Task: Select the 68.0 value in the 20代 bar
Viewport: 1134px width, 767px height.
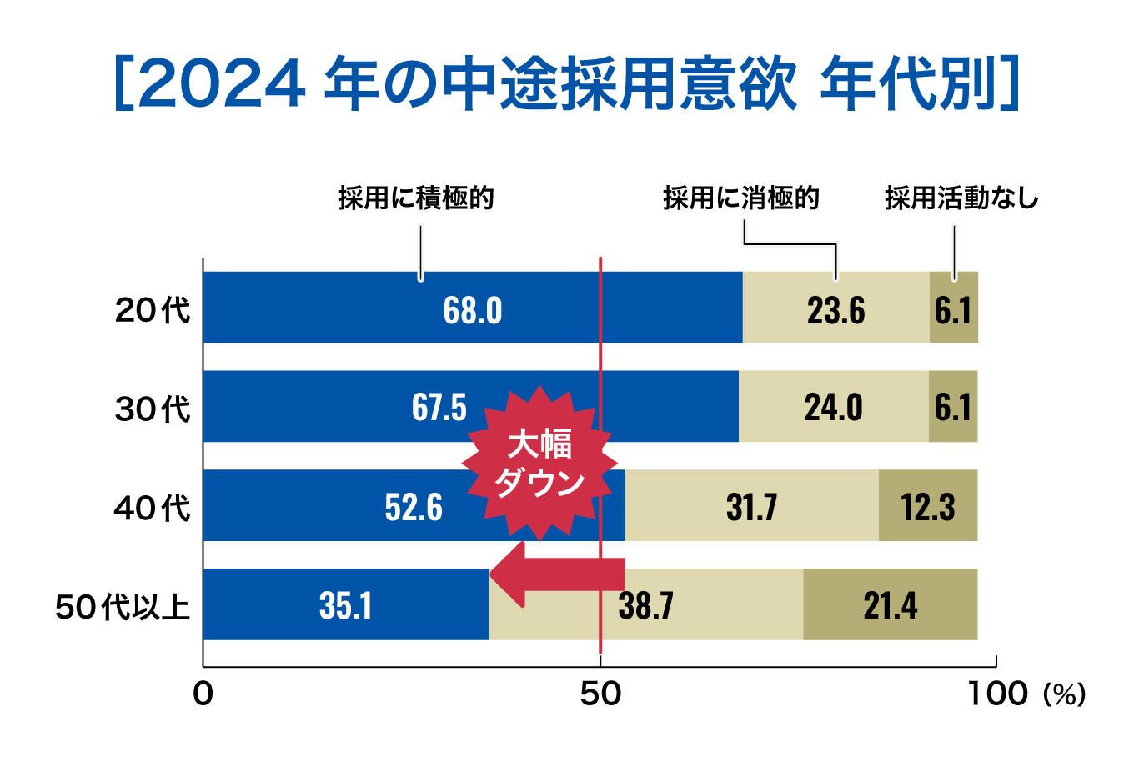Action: point(473,311)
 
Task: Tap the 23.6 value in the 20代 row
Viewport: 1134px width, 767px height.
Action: point(835,311)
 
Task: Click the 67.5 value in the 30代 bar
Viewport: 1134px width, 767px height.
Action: point(439,408)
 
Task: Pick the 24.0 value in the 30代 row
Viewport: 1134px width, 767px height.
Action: point(833,408)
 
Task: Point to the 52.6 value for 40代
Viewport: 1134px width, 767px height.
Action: point(414,507)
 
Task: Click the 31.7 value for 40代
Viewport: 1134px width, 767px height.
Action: point(751,507)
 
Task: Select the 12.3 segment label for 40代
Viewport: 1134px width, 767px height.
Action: point(927,507)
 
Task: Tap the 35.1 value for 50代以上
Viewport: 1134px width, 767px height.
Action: point(345,605)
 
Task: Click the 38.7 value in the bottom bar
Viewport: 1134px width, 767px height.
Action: point(646,605)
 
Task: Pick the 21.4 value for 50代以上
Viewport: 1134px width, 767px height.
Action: point(890,605)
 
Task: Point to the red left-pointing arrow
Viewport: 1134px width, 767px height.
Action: point(554,574)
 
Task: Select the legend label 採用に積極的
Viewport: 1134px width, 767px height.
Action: point(416,198)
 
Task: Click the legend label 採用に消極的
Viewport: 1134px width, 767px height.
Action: point(741,198)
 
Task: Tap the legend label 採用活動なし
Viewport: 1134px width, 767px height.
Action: point(961,198)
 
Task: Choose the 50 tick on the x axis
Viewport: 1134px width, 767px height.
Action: point(600,694)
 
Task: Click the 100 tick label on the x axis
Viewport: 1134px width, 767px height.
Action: point(997,694)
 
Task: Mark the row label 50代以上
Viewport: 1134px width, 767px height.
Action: point(123,606)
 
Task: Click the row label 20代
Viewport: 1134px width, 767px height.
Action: point(153,311)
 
